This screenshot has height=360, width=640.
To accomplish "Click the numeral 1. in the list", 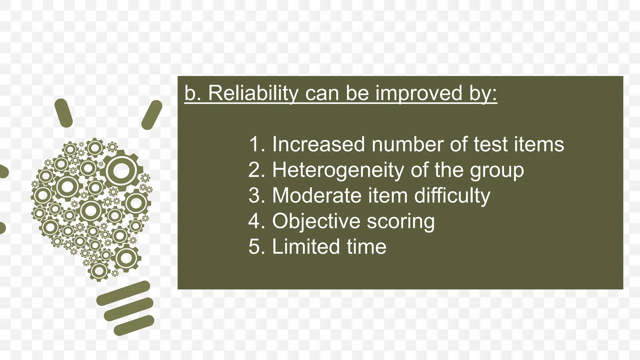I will [x=257, y=144].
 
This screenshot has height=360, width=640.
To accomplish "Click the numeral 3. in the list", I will [x=257, y=196].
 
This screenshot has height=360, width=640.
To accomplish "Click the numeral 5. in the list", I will [x=257, y=247].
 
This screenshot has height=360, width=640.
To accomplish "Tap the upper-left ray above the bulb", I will [x=63, y=113].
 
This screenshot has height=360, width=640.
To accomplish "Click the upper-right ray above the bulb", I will [x=152, y=115].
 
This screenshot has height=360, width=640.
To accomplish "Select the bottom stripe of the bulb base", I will [x=134, y=325].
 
